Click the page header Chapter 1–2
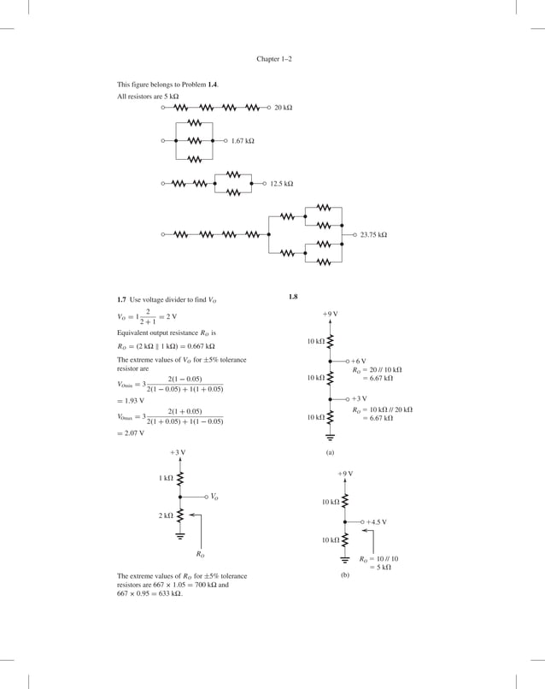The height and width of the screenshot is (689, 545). (274, 59)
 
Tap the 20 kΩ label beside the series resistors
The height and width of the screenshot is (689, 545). (284, 108)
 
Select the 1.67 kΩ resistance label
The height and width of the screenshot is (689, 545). (243, 140)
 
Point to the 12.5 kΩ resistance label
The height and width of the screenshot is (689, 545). (281, 184)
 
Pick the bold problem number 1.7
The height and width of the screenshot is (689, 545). (122, 301)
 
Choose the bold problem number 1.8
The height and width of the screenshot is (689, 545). (293, 297)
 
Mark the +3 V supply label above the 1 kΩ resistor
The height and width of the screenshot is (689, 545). (178, 451)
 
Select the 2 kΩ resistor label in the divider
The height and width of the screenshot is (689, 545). (166, 515)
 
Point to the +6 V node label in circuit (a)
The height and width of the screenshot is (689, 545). (359, 362)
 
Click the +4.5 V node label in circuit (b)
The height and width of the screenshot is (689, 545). (377, 521)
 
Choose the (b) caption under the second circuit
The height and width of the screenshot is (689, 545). (345, 576)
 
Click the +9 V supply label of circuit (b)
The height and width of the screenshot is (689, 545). (345, 473)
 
